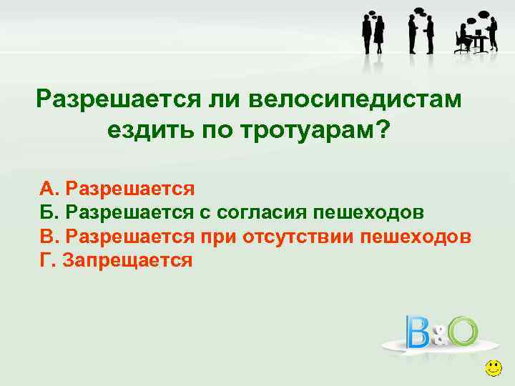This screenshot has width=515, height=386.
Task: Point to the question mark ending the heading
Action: (383, 130)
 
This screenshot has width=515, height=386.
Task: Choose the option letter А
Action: (47, 189)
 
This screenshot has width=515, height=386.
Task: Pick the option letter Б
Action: (47, 212)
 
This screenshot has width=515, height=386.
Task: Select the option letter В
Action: (47, 236)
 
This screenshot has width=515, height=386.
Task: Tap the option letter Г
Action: (46, 259)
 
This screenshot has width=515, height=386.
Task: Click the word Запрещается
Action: (128, 259)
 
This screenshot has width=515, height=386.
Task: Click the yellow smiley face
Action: (492, 369)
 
